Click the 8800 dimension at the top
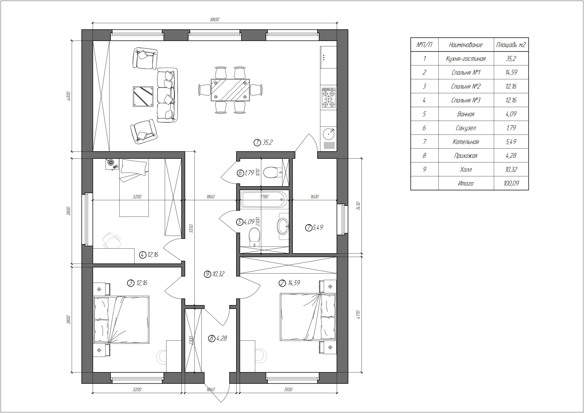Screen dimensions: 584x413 click(x=214, y=20)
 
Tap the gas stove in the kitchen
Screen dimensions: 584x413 click(x=328, y=98)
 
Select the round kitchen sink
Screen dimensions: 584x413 click(x=329, y=134)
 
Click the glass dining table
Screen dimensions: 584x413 click(x=230, y=90)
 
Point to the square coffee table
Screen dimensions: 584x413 click(x=143, y=96)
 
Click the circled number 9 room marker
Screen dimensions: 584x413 click(x=208, y=274)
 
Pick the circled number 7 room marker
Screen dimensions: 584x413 click(x=308, y=228)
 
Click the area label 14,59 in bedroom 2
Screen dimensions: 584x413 click(x=294, y=283)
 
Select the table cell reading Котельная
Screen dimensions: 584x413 click(x=466, y=142)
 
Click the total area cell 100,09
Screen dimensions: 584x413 click(x=511, y=183)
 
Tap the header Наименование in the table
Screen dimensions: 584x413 click(x=466, y=45)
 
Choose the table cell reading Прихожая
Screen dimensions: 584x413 click(x=466, y=155)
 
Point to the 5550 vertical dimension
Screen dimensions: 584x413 click(x=192, y=228)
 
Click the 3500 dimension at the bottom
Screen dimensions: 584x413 click(x=288, y=389)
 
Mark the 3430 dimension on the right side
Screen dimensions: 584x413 click(x=358, y=206)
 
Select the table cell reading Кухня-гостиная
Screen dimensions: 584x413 click(x=466, y=59)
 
